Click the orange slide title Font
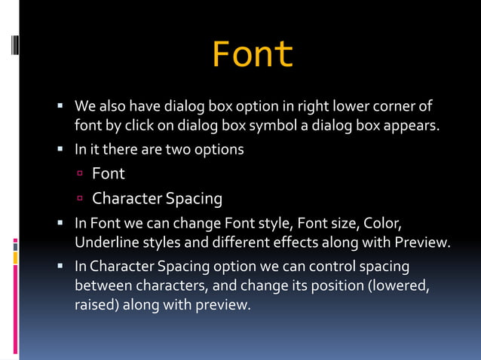253,54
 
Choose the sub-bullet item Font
108,174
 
